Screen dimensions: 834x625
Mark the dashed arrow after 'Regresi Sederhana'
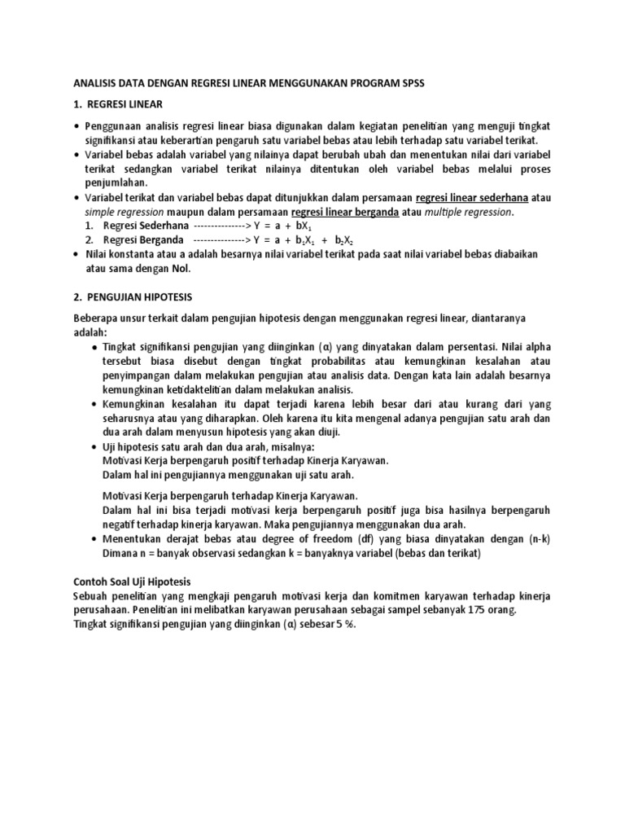220,226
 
